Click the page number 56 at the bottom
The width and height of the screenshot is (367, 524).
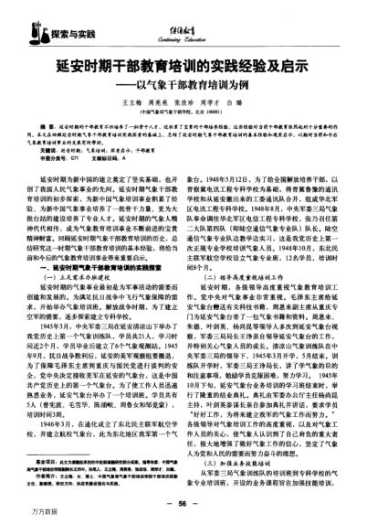coord(183,503)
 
